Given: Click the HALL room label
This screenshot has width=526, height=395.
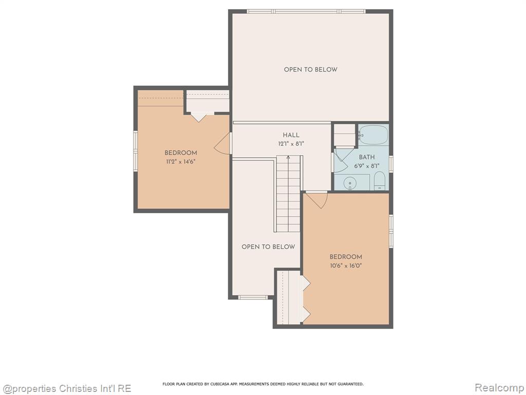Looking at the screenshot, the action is [291, 135].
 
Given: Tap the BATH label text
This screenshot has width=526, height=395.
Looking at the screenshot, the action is [367, 157].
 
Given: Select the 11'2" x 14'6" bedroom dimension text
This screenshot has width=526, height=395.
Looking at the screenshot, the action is [180, 161].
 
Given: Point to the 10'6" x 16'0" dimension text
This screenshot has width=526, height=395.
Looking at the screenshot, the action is [346, 266].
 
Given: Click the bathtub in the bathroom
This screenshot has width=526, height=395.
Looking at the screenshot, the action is [373, 135].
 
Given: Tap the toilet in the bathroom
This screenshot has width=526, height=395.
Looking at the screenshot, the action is [380, 181].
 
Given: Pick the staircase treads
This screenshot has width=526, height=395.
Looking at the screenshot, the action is [288, 193].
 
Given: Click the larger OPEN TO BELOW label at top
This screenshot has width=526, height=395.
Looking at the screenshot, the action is [311, 69].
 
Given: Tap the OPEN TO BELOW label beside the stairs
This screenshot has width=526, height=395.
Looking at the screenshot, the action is [268, 247].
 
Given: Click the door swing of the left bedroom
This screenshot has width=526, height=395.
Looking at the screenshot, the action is [222, 143].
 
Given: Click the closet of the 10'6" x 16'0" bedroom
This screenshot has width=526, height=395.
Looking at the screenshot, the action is [290, 298].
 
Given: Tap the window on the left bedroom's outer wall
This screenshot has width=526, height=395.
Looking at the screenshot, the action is [136, 151].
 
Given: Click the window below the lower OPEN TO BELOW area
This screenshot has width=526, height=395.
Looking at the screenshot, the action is [253, 297].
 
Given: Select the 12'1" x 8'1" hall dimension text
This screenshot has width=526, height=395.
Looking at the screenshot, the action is [291, 144].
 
